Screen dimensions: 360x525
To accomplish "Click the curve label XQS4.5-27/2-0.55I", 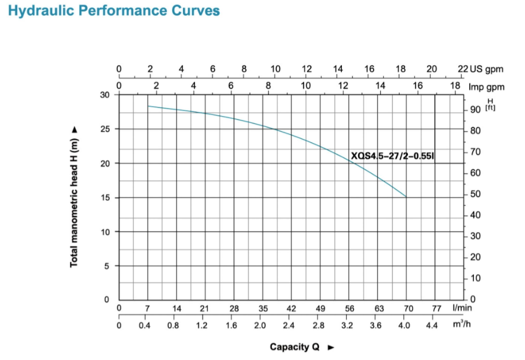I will pos(393,156).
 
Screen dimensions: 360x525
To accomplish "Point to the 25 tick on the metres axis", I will pos(105,129).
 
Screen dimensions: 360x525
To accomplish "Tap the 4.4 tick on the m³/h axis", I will pos(432,325).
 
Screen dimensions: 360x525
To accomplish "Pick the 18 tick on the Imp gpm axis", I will pos(455,86).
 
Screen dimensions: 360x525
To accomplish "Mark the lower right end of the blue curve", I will pos(406,197).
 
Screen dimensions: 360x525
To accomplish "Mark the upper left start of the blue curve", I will pos(148,106).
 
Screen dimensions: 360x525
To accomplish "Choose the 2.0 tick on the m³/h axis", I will pos(260,325).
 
